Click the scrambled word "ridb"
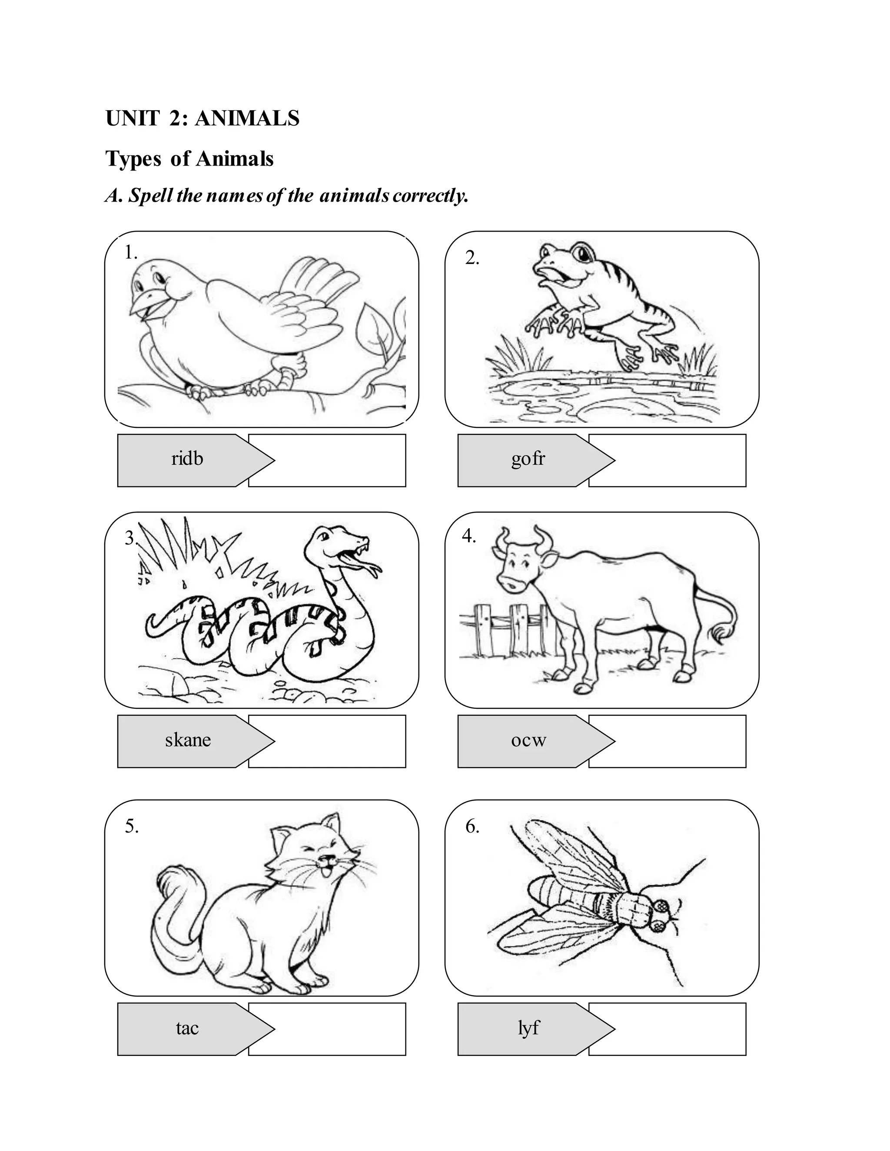point(187,459)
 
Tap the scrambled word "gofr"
point(528,459)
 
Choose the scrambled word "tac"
point(187,1028)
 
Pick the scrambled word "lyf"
point(528,1028)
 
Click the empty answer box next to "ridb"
point(337,460)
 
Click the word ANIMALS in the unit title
point(247,119)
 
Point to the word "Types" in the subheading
point(133,159)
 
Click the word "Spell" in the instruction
point(151,196)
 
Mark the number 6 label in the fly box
point(472,827)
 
